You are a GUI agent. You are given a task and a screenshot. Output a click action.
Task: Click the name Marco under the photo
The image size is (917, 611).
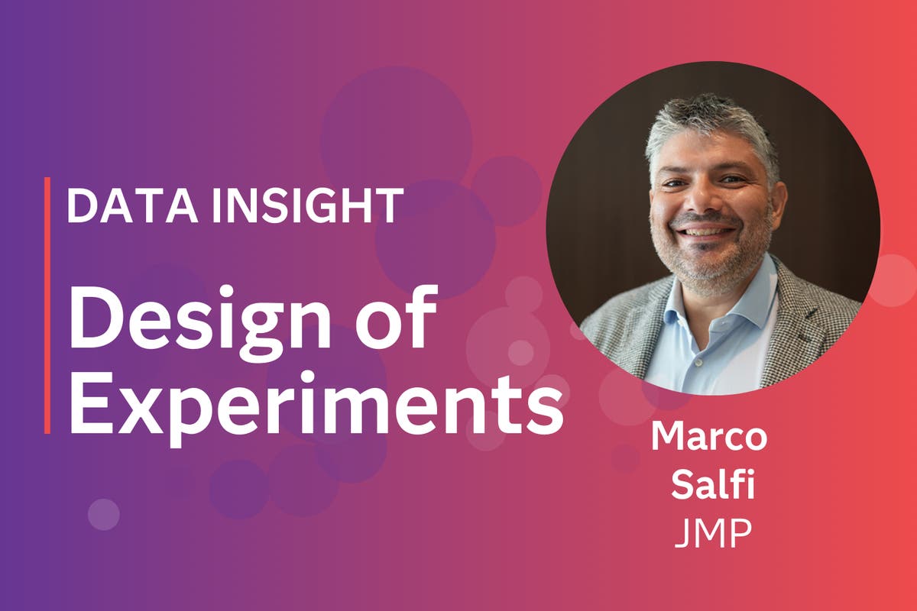click(x=709, y=438)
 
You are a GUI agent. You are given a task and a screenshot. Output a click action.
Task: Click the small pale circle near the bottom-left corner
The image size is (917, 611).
click(x=103, y=514)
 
